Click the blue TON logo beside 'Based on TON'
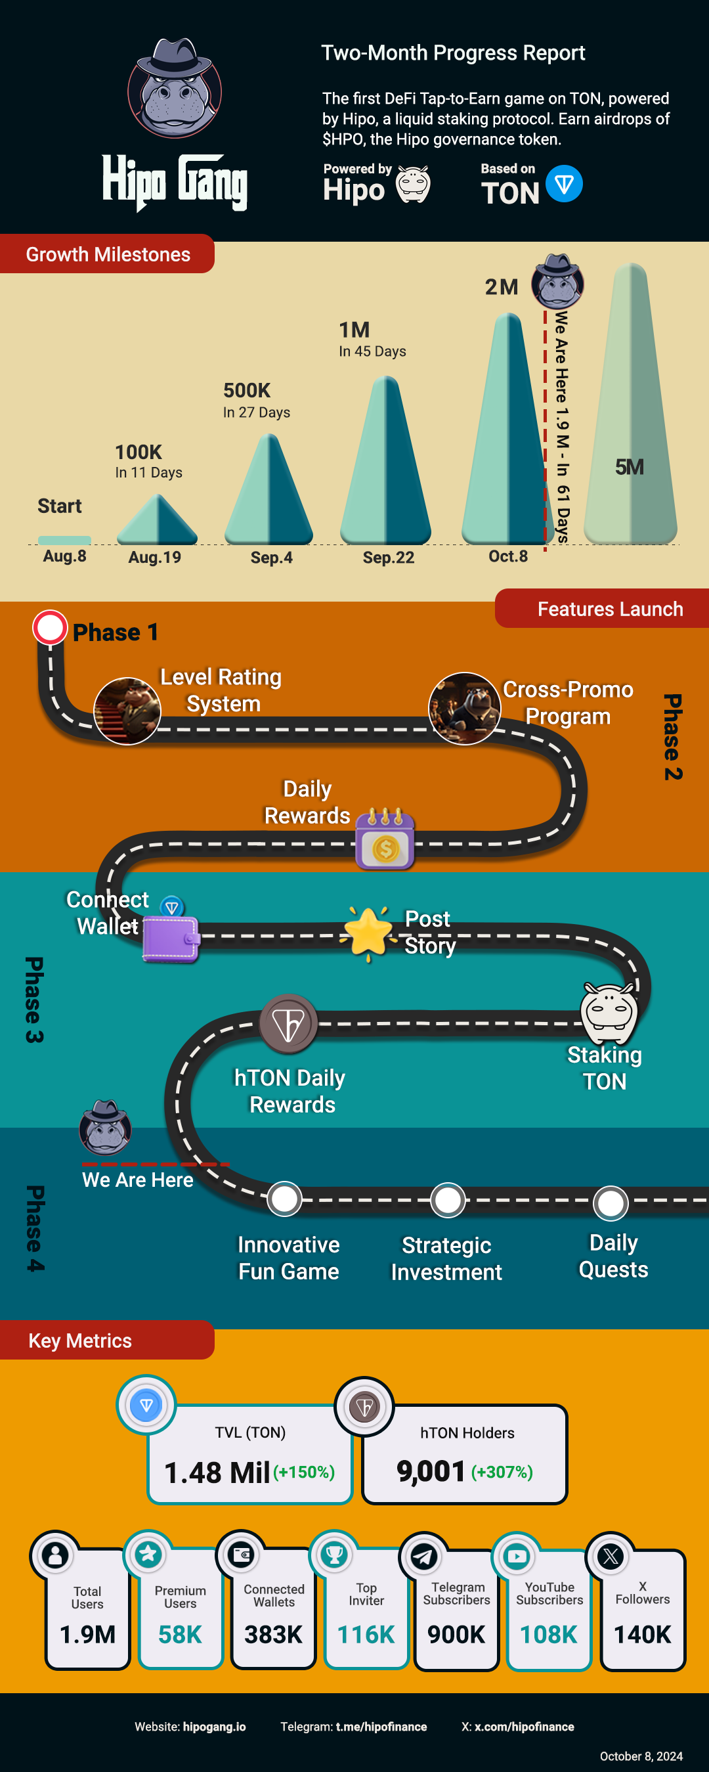click(x=564, y=184)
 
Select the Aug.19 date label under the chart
click(x=155, y=557)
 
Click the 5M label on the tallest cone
click(x=629, y=467)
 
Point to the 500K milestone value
click(x=247, y=391)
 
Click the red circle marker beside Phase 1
click(x=50, y=627)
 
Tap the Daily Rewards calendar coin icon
click(x=385, y=839)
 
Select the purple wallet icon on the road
click(x=171, y=939)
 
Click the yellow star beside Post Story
click(x=368, y=932)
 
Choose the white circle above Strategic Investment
click(x=448, y=1201)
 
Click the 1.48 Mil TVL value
click(x=217, y=1472)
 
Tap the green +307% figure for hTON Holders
click(x=502, y=1471)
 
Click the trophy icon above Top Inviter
click(x=334, y=1555)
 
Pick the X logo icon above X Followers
click(x=611, y=1555)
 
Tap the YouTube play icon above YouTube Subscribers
click(x=517, y=1555)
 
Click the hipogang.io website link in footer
click(x=214, y=1727)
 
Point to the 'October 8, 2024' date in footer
click(x=641, y=1756)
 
